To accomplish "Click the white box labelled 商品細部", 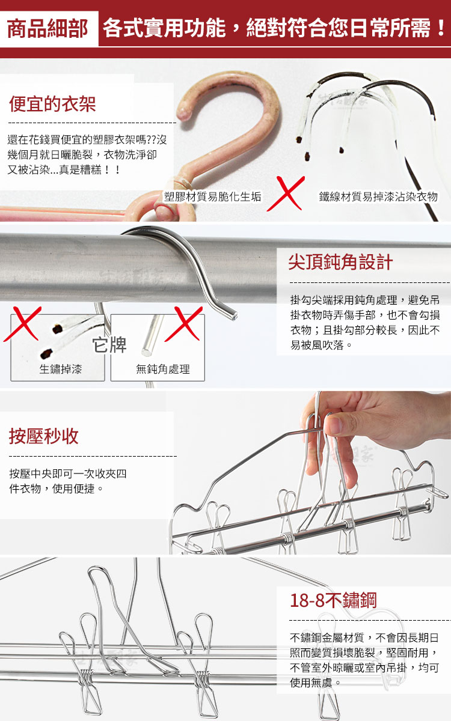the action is pos(49,29).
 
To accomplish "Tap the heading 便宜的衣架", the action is pos(52,104).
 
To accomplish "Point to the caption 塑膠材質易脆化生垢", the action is pos(213,196).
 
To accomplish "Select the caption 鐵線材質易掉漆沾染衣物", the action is pos(378,196).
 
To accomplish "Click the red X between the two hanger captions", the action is pos(286,193).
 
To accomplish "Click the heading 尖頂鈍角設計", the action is pos(340,262).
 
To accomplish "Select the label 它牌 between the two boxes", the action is pos(109,345).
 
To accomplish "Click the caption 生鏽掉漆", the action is pos(61,369).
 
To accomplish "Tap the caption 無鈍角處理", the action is pos(163,369).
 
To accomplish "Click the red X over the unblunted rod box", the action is pos(184,323).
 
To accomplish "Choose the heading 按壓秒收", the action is pos(43,436).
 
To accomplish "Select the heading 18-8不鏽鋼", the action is pos(333,600).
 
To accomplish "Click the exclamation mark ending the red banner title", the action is pos(441,28).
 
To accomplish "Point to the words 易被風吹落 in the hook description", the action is pos(317,345).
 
